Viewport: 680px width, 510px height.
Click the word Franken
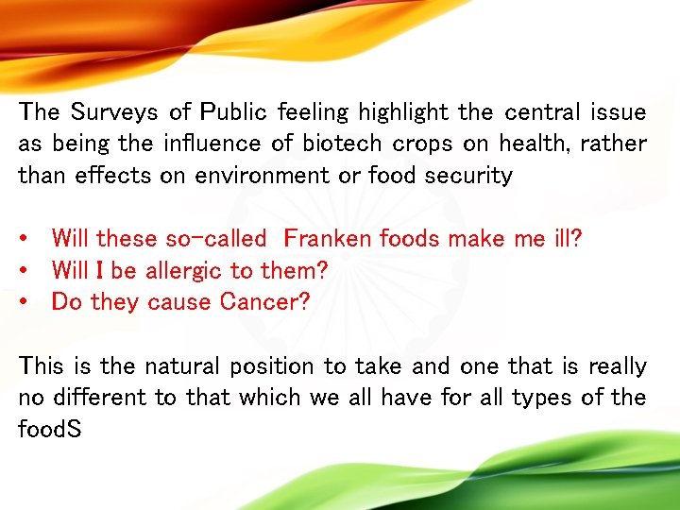(x=327, y=239)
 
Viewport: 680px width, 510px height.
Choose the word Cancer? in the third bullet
(x=270, y=302)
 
